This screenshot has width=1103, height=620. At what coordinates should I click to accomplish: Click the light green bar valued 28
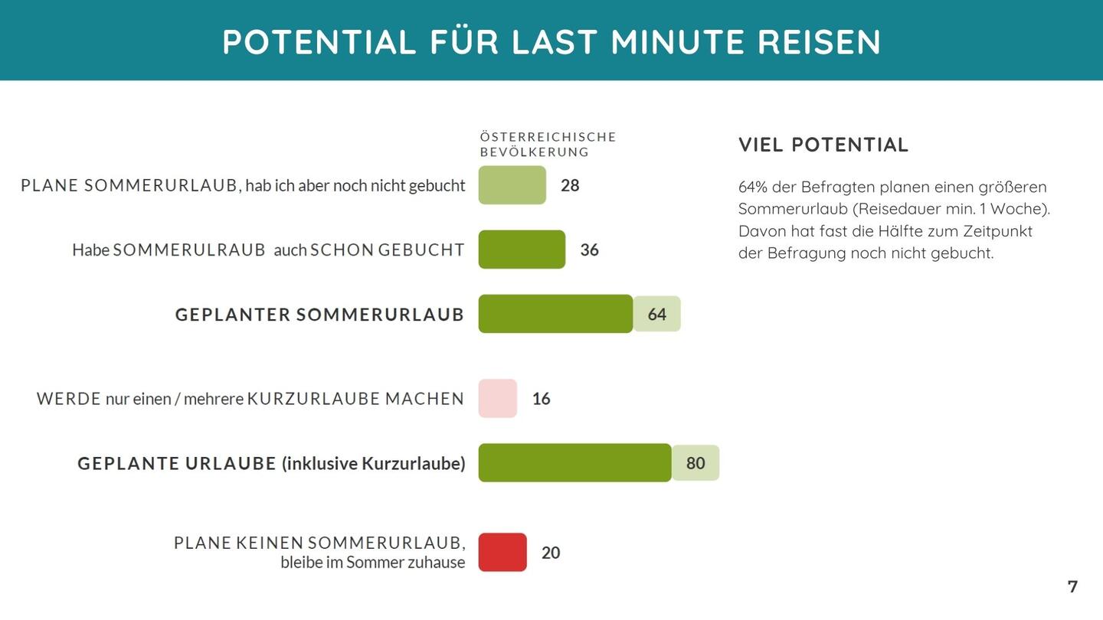pos(512,185)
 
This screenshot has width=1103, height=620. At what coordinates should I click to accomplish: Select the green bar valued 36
pos(522,250)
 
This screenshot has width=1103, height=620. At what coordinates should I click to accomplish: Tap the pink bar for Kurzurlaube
pos(497,398)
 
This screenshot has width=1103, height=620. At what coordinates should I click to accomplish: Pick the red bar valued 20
pos(502,553)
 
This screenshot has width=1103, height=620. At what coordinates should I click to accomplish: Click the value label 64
pos(657,315)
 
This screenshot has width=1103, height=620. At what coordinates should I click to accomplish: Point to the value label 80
pos(696,463)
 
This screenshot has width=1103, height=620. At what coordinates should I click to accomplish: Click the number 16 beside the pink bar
pos(542,399)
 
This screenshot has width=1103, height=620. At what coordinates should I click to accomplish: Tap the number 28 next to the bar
pos(570,185)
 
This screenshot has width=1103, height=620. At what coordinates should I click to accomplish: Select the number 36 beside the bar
pos(589,250)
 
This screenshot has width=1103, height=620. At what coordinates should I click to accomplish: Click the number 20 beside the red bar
pos(551,553)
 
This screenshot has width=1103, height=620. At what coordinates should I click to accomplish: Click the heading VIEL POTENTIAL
pos(823,145)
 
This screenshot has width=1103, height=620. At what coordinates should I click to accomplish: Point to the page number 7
pos(1072,586)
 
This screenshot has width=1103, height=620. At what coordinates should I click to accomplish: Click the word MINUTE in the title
pos(677,42)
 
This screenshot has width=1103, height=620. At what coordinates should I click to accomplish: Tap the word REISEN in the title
pos(819,42)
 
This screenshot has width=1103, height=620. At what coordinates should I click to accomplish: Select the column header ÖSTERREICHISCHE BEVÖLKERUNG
pos(548,144)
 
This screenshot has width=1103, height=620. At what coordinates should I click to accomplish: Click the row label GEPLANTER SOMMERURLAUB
pos(319,315)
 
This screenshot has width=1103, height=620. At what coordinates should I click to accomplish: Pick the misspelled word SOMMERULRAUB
pos(189,250)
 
